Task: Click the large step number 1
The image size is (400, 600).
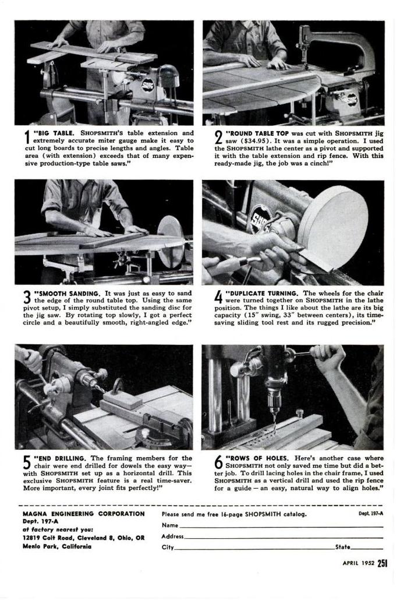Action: pos(26,138)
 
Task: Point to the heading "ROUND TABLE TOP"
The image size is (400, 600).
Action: pos(257,133)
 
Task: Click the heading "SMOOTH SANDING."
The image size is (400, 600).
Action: pos(68,292)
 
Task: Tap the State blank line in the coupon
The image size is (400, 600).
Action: pos(367,549)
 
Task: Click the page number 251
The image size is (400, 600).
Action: pos(382,563)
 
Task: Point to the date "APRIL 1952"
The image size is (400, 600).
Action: pos(357,564)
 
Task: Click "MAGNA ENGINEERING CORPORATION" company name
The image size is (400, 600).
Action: pos(83,514)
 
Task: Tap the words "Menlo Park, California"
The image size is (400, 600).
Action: pos(56,546)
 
